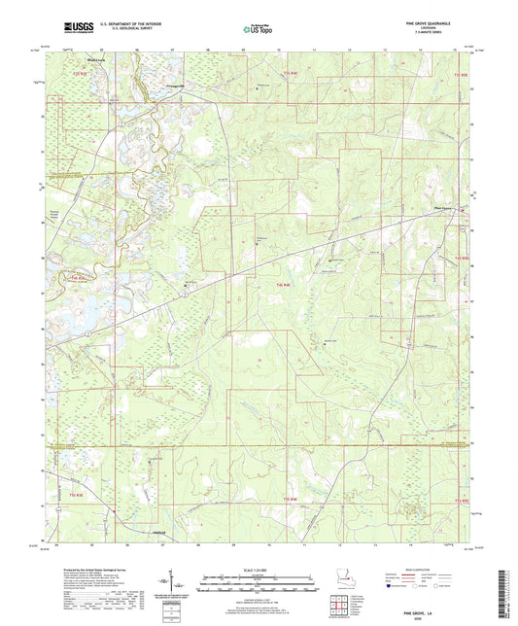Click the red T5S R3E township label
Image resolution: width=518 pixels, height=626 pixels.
pos(83,73)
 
